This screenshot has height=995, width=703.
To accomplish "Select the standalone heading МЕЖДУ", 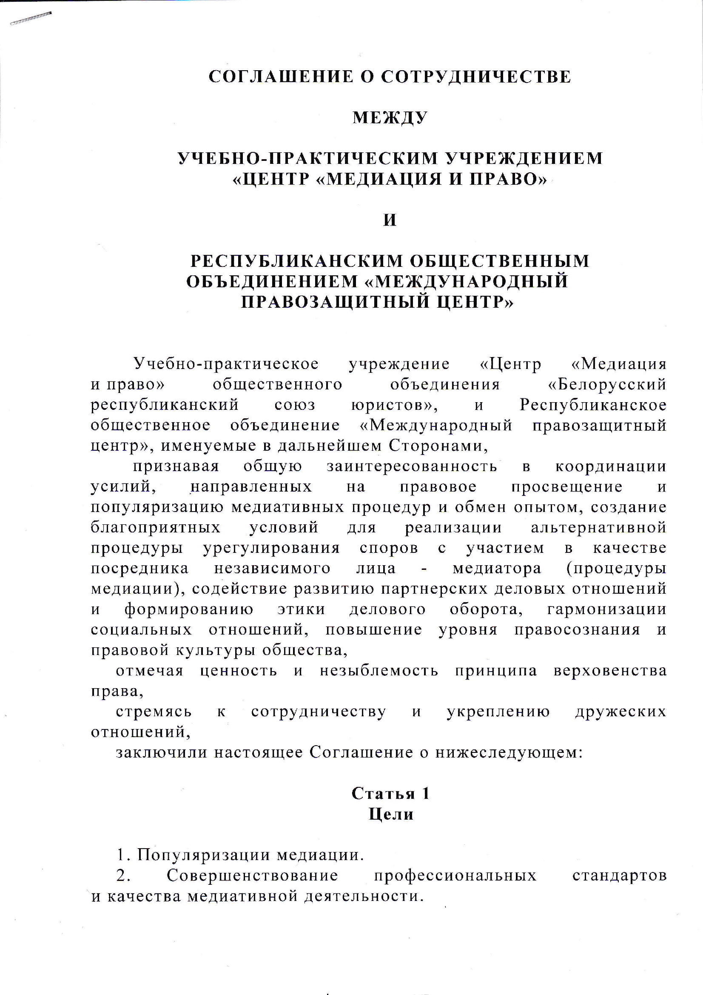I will click(x=390, y=117).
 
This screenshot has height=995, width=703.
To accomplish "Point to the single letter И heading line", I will click(x=390, y=220).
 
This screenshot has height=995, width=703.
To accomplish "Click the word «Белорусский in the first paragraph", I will click(x=607, y=384).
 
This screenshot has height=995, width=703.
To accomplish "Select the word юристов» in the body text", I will click(x=394, y=405).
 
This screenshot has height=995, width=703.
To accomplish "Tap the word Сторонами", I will click(x=438, y=446).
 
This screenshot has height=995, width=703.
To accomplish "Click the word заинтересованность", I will click(x=412, y=466).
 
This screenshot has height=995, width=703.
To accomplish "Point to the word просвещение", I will click(x=567, y=487).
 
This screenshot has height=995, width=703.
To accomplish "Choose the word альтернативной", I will click(x=599, y=527).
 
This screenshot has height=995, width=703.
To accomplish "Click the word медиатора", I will click(x=497, y=568).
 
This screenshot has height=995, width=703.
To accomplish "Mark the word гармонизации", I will click(x=607, y=609).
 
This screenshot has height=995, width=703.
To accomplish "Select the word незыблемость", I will click(x=379, y=670).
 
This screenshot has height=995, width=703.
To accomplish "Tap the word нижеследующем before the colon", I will click(x=507, y=753).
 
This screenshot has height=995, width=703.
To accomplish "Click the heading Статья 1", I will click(x=390, y=793).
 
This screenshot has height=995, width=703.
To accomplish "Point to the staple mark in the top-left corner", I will click(x=30, y=18).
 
